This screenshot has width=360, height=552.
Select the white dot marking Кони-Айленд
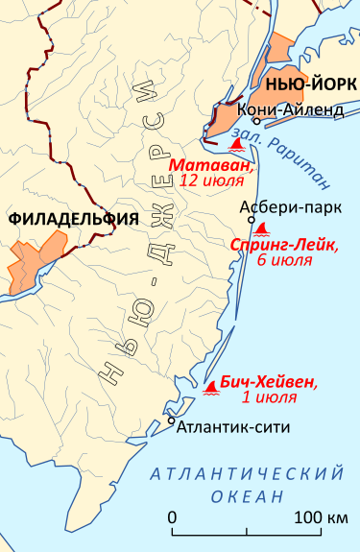coord(256,121)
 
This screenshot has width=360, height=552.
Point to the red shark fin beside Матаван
coord(237,145)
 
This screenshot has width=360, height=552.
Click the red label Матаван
coord(212,164)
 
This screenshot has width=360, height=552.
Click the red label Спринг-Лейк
coord(284,245)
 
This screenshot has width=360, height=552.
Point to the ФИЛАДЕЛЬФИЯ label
coord(72,219)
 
